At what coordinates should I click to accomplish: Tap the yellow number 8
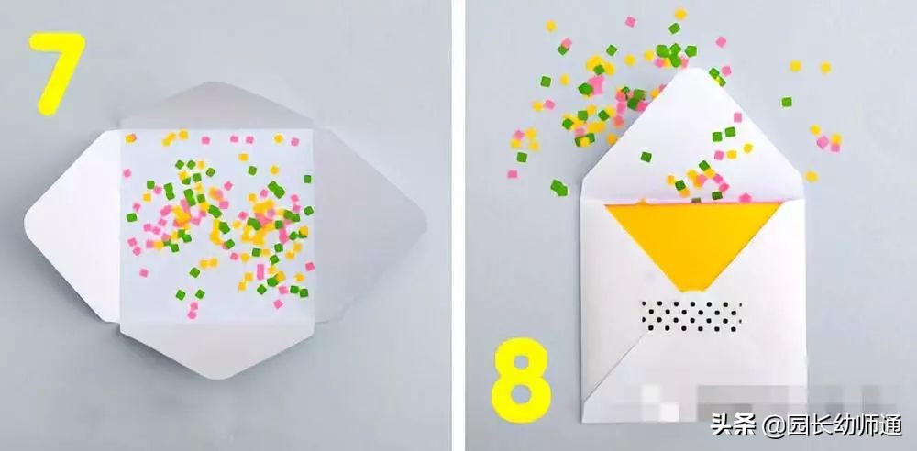coord(522,380)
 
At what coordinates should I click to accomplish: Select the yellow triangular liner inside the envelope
coord(693,240)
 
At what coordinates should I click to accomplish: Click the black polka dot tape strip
coord(691,316)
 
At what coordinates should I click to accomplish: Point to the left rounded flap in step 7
coord(71,225)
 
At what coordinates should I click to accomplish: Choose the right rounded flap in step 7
coord(369,225)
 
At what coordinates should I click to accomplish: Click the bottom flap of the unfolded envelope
coord(217,351)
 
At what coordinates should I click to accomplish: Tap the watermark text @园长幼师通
coord(834,425)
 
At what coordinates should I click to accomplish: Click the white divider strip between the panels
coord(458,225)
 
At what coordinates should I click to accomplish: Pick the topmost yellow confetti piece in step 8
coord(680,14)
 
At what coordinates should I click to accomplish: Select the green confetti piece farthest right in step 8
coord(787,102)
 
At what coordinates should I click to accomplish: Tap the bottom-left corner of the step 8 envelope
coord(582,421)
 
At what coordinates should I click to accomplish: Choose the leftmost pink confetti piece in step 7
coord(127,173)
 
